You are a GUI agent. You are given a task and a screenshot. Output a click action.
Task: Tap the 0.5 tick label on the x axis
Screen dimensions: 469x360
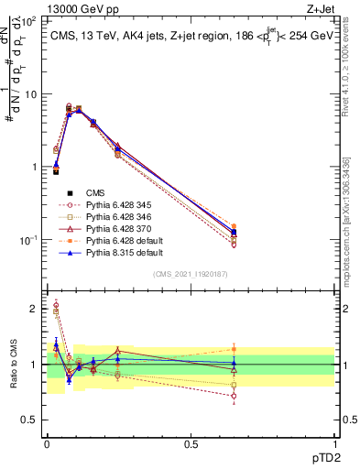(191, 443)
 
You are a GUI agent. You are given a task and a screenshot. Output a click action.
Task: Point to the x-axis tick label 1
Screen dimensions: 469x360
(334, 443)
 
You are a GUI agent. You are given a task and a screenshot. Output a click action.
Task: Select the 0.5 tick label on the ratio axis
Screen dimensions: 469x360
(31, 420)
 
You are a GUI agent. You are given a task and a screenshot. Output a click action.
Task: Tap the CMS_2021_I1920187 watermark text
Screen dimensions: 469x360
(190, 273)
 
